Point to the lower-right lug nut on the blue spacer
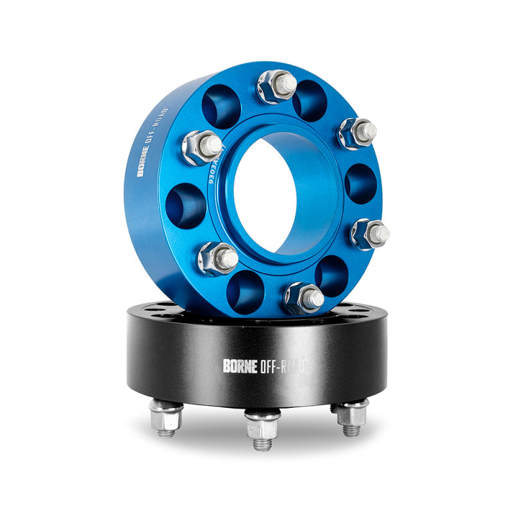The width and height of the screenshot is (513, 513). (x=369, y=233)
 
